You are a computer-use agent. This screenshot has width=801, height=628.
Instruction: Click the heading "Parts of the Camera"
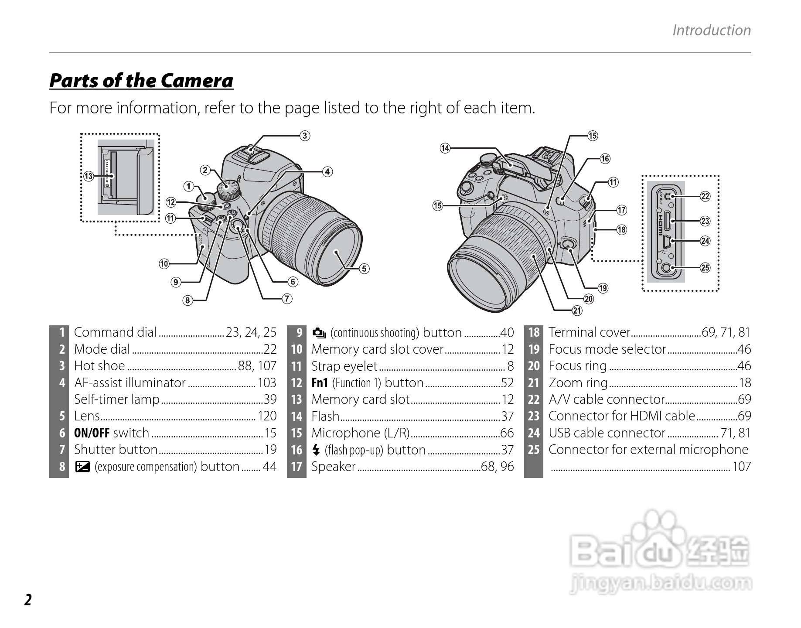(141, 81)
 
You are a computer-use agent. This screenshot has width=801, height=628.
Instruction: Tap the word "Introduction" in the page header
(711, 31)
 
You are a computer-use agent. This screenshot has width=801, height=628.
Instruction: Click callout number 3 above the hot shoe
(305, 136)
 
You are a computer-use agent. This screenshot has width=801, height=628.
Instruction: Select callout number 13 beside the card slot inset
(89, 176)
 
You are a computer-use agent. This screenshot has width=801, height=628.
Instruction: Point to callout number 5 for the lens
(364, 269)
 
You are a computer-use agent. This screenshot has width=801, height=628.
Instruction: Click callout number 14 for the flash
(445, 148)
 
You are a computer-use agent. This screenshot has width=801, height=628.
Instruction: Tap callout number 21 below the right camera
(577, 311)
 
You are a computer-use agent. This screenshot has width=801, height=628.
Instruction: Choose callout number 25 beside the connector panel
(705, 268)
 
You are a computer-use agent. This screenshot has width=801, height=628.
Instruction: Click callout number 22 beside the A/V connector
(705, 196)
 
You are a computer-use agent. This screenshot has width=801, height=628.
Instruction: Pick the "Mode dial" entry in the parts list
(102, 349)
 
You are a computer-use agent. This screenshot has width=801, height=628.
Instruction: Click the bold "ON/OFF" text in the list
(92, 433)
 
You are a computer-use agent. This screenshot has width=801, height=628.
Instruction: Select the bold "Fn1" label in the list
(320, 383)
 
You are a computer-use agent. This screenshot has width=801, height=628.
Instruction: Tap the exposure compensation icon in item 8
(82, 467)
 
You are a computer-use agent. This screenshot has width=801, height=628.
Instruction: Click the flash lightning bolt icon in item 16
(317, 450)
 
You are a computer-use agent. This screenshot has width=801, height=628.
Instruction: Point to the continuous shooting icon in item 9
(319, 333)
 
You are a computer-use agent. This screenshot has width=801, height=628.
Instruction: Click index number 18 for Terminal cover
(534, 333)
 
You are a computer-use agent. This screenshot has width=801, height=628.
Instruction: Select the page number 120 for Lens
(267, 416)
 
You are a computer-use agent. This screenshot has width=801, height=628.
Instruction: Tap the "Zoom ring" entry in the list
(578, 383)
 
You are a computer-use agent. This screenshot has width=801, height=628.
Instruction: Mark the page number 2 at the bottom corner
(28, 600)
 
